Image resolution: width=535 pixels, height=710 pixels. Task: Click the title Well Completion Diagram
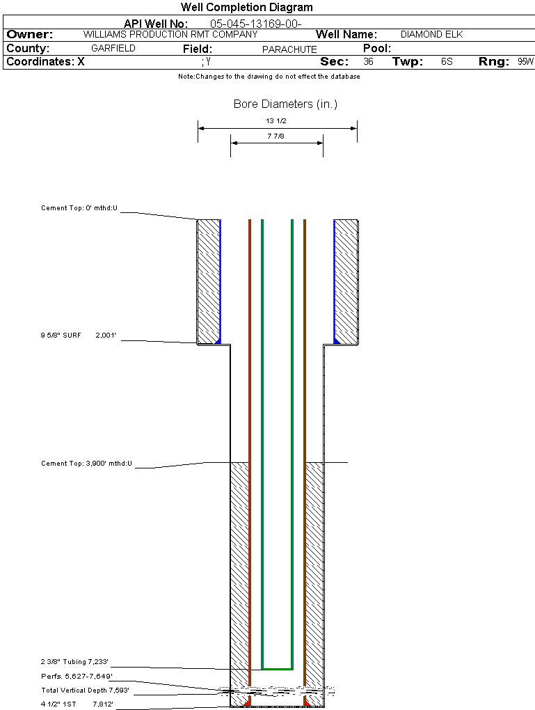pyautogui.click(x=246, y=8)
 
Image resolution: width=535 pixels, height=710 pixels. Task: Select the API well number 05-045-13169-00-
pyautogui.click(x=255, y=24)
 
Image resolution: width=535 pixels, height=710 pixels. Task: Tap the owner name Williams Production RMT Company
pyautogui.click(x=170, y=34)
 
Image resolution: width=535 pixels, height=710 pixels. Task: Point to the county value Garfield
pyautogui.click(x=113, y=49)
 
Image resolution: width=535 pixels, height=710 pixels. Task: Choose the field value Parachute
pyautogui.click(x=289, y=49)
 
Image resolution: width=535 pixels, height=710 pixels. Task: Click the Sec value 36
pyautogui.click(x=368, y=62)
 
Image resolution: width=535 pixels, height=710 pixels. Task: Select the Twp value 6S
pyautogui.click(x=447, y=62)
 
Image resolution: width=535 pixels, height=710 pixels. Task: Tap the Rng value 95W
pyautogui.click(x=525, y=62)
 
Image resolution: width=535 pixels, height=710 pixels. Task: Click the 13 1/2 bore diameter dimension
pyautogui.click(x=276, y=120)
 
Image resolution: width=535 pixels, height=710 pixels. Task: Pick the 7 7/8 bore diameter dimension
pyautogui.click(x=276, y=136)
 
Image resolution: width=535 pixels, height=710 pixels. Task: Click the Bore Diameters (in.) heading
pyautogui.click(x=285, y=104)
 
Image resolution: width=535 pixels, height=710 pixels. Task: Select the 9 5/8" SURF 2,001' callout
pyautogui.click(x=79, y=336)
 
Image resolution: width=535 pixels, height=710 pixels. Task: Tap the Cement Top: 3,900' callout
pyautogui.click(x=86, y=463)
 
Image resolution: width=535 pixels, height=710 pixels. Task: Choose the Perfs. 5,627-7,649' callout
pyautogui.click(x=77, y=676)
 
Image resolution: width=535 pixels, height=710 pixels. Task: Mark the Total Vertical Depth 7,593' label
pyautogui.click(x=85, y=691)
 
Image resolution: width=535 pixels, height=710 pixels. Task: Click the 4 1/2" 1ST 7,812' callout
pyautogui.click(x=77, y=704)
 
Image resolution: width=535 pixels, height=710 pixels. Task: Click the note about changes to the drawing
pyautogui.click(x=269, y=77)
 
